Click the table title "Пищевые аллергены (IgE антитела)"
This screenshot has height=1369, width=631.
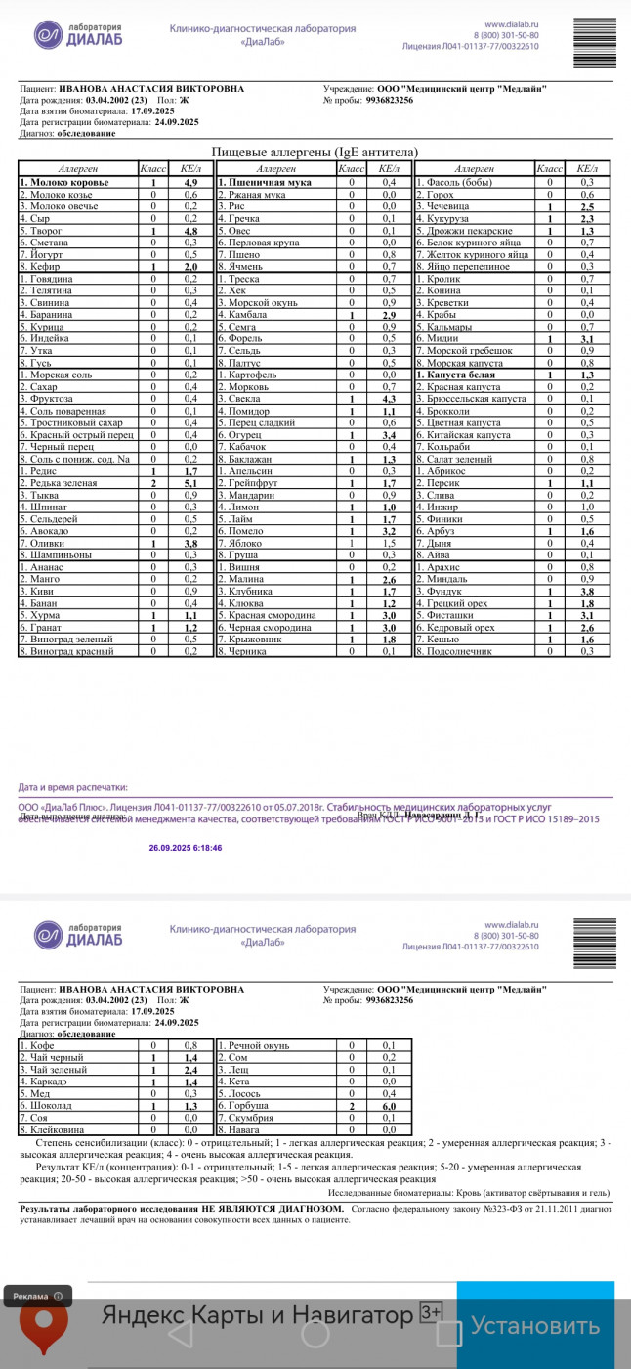(315, 152)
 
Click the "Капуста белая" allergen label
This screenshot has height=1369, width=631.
(460, 375)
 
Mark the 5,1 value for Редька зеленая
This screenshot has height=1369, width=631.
(190, 483)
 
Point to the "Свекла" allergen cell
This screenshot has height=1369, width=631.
(241, 399)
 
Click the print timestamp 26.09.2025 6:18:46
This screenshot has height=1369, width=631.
(185, 848)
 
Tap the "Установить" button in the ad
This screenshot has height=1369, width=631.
(535, 1326)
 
